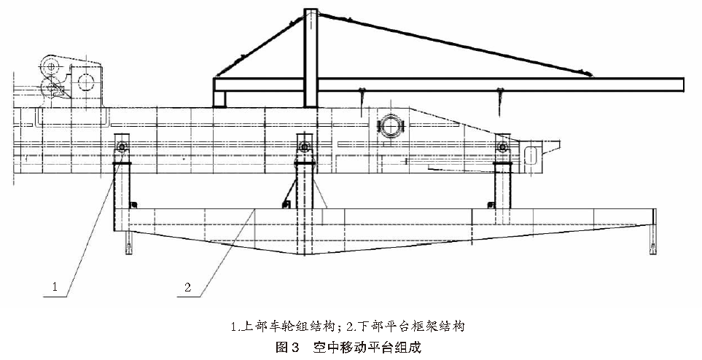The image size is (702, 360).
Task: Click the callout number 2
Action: click(188, 287)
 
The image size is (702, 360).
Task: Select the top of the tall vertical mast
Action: click(311, 12)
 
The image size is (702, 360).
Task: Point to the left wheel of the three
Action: click(121, 149)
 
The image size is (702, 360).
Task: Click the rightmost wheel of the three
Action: click(502, 149)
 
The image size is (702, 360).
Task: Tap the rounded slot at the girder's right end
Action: click(531, 154)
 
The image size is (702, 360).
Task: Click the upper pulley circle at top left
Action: click(50, 66)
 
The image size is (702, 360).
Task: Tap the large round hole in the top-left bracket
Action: click(86, 79)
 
